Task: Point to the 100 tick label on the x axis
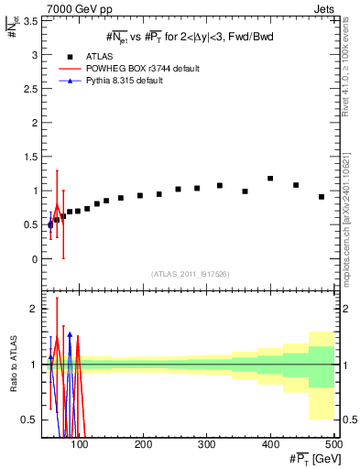tap(81, 444)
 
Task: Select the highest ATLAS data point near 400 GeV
tap(270, 179)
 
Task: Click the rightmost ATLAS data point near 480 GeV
tap(322, 197)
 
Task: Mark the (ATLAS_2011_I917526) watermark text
tap(188, 274)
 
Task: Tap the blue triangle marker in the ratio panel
tap(70, 336)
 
